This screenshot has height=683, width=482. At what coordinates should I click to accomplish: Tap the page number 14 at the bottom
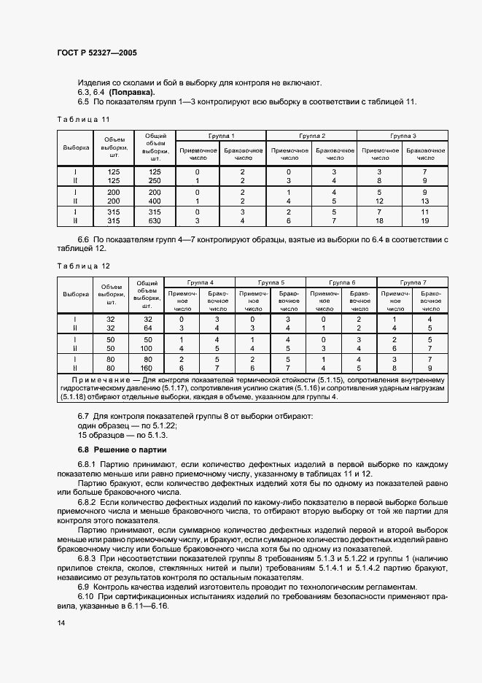(61, 622)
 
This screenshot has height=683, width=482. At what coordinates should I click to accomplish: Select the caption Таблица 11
(82, 119)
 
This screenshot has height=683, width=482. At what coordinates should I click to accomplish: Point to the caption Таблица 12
(82, 266)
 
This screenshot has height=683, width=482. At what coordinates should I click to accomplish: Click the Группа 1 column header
(221, 136)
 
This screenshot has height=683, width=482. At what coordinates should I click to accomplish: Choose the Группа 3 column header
(403, 136)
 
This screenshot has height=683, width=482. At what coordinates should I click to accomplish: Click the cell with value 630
(155, 220)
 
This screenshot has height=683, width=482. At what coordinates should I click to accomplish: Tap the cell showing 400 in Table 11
(155, 200)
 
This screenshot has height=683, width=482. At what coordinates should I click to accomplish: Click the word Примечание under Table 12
(99, 380)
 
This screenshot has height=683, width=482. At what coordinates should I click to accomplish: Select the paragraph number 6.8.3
(88, 557)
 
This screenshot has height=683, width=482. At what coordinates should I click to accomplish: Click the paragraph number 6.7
(83, 415)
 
